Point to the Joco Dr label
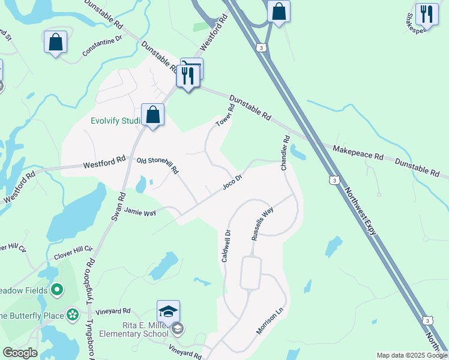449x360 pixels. [x=232, y=181]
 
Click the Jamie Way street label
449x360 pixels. [x=140, y=211]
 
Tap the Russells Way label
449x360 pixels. [x=262, y=223]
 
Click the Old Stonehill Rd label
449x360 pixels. [x=158, y=166]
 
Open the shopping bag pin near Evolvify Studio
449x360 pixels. [x=153, y=114]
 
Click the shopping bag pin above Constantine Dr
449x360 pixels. [x=55, y=42]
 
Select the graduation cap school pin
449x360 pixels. [x=169, y=311]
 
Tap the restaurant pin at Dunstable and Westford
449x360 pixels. [x=188, y=76]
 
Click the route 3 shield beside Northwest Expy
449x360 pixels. [x=334, y=179]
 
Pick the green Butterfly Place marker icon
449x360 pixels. [x=73, y=314]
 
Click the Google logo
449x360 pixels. [x=20, y=353]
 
